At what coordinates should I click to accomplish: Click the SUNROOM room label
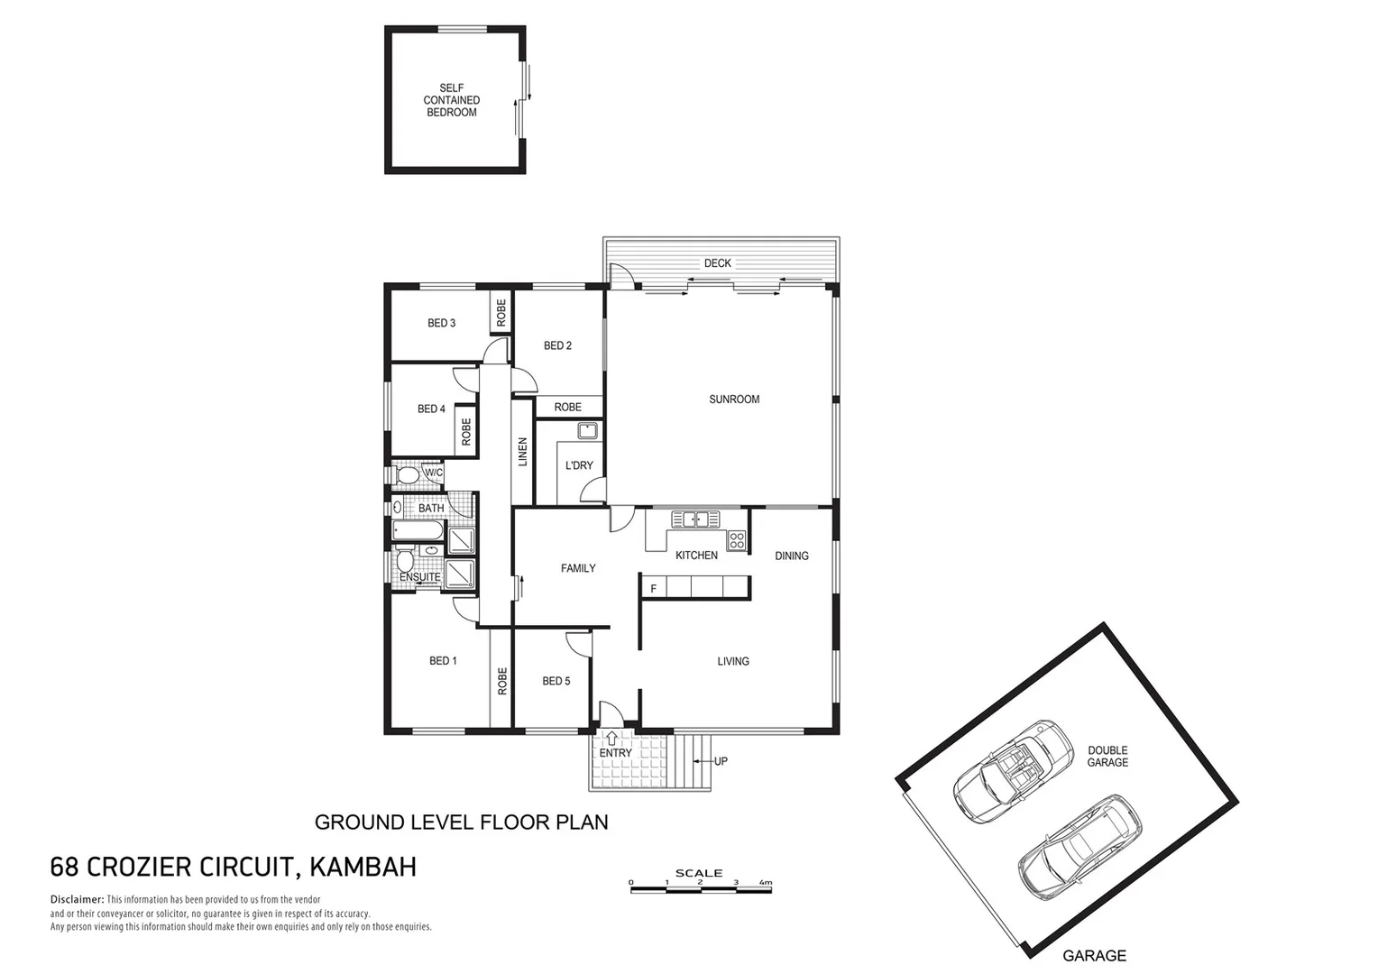pos(734,399)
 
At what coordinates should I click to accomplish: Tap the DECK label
pos(718,263)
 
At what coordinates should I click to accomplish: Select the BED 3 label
pos(441,323)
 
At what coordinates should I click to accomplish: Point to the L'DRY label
pos(579,465)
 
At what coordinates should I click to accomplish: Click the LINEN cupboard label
pos(522,452)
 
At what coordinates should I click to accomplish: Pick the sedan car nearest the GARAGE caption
pos(1079,846)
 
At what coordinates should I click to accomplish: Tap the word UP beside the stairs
pos(721,761)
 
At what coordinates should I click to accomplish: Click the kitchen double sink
pos(694,519)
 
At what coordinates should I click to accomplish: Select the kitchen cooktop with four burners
pos(737,541)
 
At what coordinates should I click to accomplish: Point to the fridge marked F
pos(653,589)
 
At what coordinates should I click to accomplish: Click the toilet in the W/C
pos(408,474)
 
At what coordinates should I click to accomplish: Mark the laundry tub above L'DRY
pos(589,431)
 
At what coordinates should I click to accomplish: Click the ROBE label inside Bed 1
pos(502,681)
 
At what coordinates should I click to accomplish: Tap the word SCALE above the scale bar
pos(698,873)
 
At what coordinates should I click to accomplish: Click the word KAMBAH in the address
pos(363,868)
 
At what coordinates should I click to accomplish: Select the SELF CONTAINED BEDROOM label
pos(451,100)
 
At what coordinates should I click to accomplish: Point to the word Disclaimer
pos(77,899)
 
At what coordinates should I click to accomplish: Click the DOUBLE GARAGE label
pos(1107,756)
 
